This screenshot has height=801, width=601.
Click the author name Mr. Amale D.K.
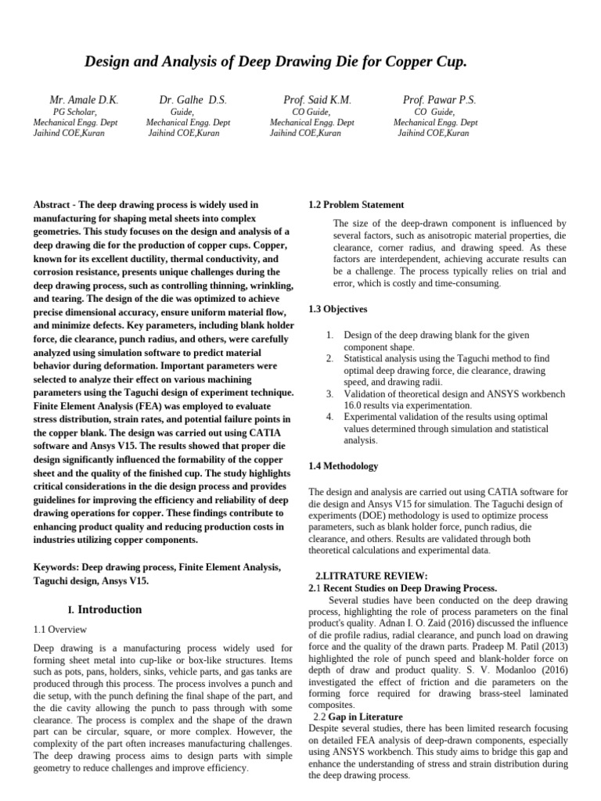(84, 100)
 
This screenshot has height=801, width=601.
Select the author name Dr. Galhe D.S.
(193, 100)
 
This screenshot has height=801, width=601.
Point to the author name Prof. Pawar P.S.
(439, 100)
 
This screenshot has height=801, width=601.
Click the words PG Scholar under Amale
(74, 113)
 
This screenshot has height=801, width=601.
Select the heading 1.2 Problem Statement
(357, 205)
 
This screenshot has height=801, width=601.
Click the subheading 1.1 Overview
(60, 629)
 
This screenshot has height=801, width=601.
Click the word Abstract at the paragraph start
(51, 205)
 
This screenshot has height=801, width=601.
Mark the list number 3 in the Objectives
(330, 394)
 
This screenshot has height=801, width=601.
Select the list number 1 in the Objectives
(330, 335)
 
